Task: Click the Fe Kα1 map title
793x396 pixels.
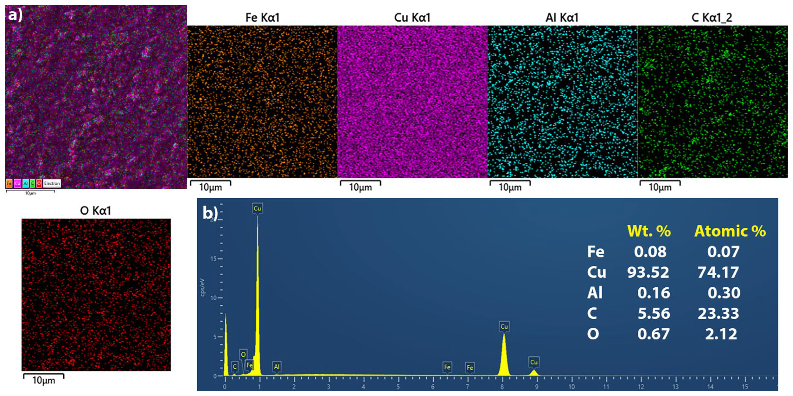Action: (262, 18)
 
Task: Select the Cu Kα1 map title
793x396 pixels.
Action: (412, 18)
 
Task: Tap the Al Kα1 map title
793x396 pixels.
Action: (562, 18)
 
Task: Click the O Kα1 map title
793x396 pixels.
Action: (95, 211)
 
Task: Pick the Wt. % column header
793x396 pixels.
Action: (649, 231)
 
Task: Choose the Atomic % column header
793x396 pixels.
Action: (730, 231)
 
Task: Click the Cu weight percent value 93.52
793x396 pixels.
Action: (648, 272)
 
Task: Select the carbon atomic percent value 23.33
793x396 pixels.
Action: (718, 314)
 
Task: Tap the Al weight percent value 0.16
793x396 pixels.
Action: (653, 293)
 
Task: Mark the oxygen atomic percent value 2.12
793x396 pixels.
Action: (721, 334)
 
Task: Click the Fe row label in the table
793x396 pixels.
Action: (596, 252)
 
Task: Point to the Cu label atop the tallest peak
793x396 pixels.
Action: (257, 209)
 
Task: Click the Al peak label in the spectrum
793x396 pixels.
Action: (276, 366)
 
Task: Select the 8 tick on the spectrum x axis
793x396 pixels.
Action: (502, 387)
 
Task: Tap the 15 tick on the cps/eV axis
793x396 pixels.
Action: (214, 258)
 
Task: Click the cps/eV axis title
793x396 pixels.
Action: (203, 287)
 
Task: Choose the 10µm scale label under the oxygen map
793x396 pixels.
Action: (44, 381)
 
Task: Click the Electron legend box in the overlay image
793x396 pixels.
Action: (52, 184)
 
